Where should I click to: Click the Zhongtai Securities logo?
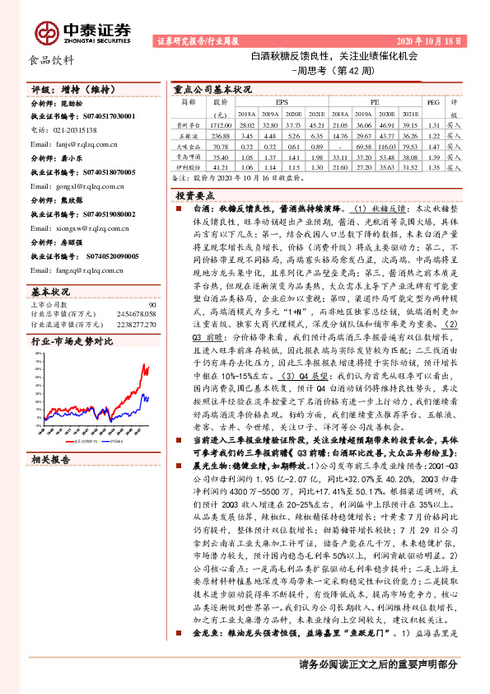pos(82,31)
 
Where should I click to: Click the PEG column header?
pos(433,103)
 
